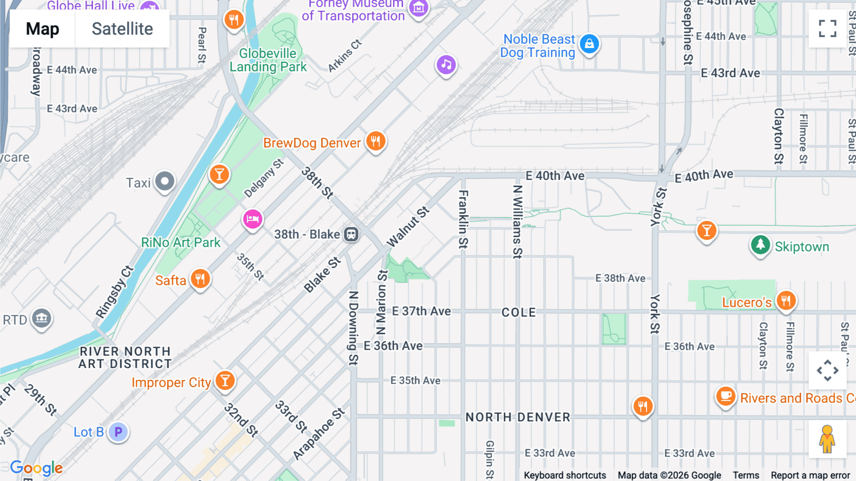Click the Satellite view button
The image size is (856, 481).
[122, 29]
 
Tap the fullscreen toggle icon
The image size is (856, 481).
[827, 29]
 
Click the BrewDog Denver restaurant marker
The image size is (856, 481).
[376, 141]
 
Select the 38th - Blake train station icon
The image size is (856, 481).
[351, 234]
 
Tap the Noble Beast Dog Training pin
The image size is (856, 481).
[589, 44]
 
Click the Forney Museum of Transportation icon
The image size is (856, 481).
[418, 8]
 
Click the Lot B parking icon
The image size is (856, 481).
[118, 432]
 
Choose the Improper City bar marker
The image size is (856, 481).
[225, 381]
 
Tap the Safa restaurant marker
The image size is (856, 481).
[200, 279]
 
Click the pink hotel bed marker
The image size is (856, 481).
[253, 219]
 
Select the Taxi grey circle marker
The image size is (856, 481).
[165, 181]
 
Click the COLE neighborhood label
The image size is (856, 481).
[518, 312]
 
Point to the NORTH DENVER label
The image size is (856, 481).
[517, 417]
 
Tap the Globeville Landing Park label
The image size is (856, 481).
[268, 60]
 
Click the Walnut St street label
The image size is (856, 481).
[408, 227]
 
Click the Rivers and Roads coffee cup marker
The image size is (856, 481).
[726, 396]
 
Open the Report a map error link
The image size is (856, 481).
[810, 475]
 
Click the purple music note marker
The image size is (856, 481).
[446, 64]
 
